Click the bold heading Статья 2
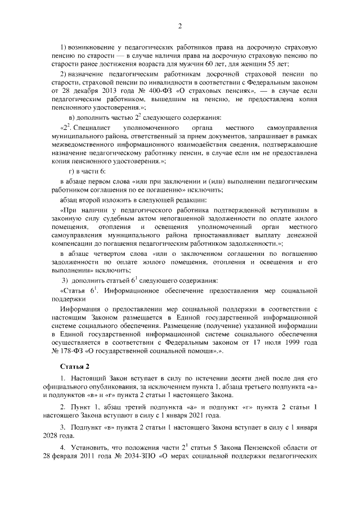[x=74, y=367]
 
